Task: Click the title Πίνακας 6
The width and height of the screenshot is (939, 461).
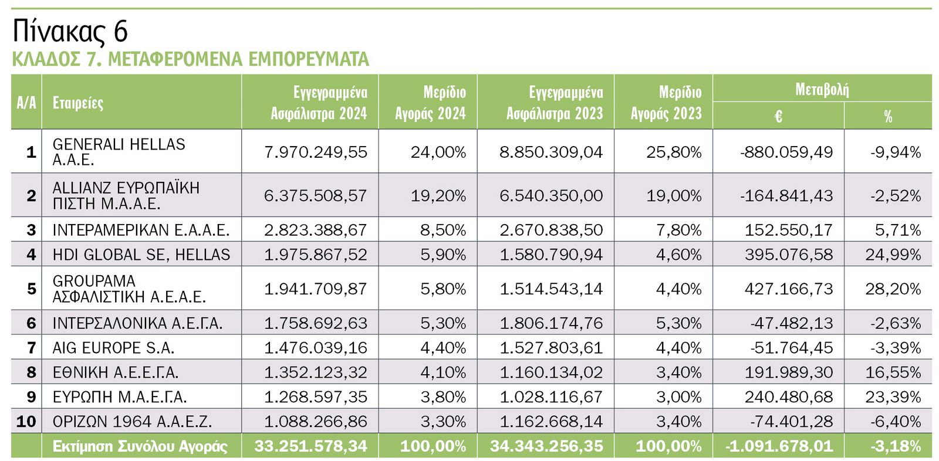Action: tap(70, 31)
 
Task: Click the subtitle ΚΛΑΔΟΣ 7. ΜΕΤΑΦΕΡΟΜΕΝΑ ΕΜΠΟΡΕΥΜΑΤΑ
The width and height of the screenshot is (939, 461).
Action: tap(190, 59)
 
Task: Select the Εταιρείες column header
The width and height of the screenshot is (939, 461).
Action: tap(78, 103)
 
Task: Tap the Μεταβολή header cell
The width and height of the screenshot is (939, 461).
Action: tap(822, 89)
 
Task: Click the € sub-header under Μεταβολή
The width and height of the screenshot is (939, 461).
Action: tap(778, 116)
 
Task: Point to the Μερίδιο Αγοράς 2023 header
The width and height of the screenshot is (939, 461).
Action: tap(666, 103)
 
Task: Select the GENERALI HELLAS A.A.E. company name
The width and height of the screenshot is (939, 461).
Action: tap(119, 152)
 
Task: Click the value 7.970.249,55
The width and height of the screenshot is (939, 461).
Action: tap(316, 152)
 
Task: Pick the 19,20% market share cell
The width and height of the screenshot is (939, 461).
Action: tap(438, 195)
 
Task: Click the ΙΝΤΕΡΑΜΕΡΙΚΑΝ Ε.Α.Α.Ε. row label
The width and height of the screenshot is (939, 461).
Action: tap(141, 230)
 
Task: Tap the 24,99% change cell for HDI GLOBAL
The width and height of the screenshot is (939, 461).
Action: tap(893, 255)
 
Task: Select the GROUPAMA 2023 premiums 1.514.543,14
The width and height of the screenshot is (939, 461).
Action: tap(551, 289)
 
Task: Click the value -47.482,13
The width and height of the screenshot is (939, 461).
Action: tap(791, 323)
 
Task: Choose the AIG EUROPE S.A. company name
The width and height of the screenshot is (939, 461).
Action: tap(113, 348)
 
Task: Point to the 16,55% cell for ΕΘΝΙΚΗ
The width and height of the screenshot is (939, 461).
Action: tap(893, 372)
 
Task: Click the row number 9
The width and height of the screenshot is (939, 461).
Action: tap(31, 397)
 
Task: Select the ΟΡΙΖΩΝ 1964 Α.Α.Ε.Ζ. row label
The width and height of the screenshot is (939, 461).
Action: tap(132, 422)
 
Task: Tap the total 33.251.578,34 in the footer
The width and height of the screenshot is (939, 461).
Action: tap(310, 446)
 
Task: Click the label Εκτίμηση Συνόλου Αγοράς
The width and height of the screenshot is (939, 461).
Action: tap(140, 446)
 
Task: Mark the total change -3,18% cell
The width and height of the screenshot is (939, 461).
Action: tap(896, 446)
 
